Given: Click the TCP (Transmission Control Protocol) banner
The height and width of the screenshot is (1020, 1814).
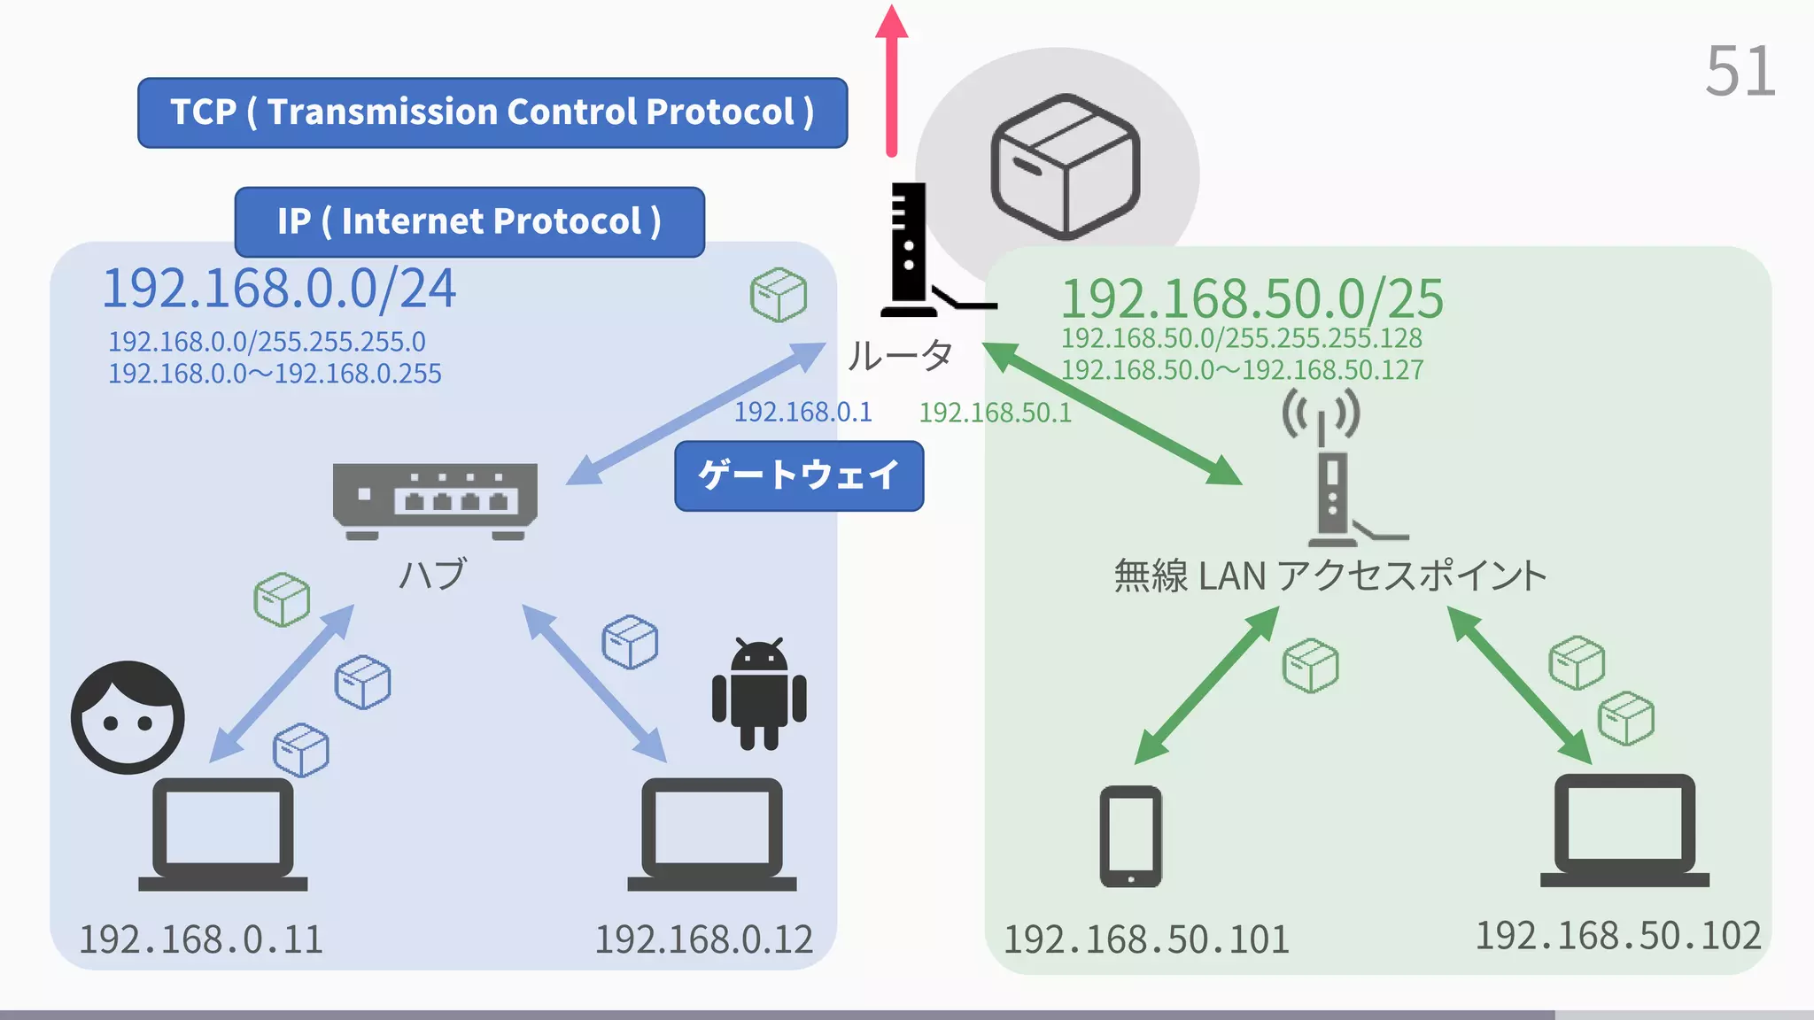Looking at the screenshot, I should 492,112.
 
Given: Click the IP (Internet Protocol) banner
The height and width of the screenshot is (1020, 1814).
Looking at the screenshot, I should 469,221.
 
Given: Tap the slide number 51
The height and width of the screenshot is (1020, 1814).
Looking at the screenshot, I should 1740,72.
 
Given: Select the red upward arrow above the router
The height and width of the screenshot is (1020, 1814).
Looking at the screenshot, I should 892,80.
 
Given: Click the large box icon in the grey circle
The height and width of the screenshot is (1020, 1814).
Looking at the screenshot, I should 1065,166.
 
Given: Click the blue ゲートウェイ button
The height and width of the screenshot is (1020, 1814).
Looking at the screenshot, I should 799,475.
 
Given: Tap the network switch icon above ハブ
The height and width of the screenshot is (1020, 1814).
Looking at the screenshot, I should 435,499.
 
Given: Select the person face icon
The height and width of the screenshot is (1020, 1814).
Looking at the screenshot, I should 128,717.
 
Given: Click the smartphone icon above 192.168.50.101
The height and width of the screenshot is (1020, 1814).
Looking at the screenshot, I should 1130,836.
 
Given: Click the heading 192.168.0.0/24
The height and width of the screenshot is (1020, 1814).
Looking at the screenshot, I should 279,289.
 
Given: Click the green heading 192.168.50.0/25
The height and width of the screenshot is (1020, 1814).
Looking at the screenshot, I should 1252,298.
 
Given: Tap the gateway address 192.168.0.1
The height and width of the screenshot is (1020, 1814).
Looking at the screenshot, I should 802,412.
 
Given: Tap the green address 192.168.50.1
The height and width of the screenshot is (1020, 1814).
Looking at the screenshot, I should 995,413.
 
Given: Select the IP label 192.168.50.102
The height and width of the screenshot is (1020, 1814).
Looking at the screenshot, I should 1617,936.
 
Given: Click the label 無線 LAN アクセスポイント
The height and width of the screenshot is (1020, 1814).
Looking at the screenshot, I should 1329,576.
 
